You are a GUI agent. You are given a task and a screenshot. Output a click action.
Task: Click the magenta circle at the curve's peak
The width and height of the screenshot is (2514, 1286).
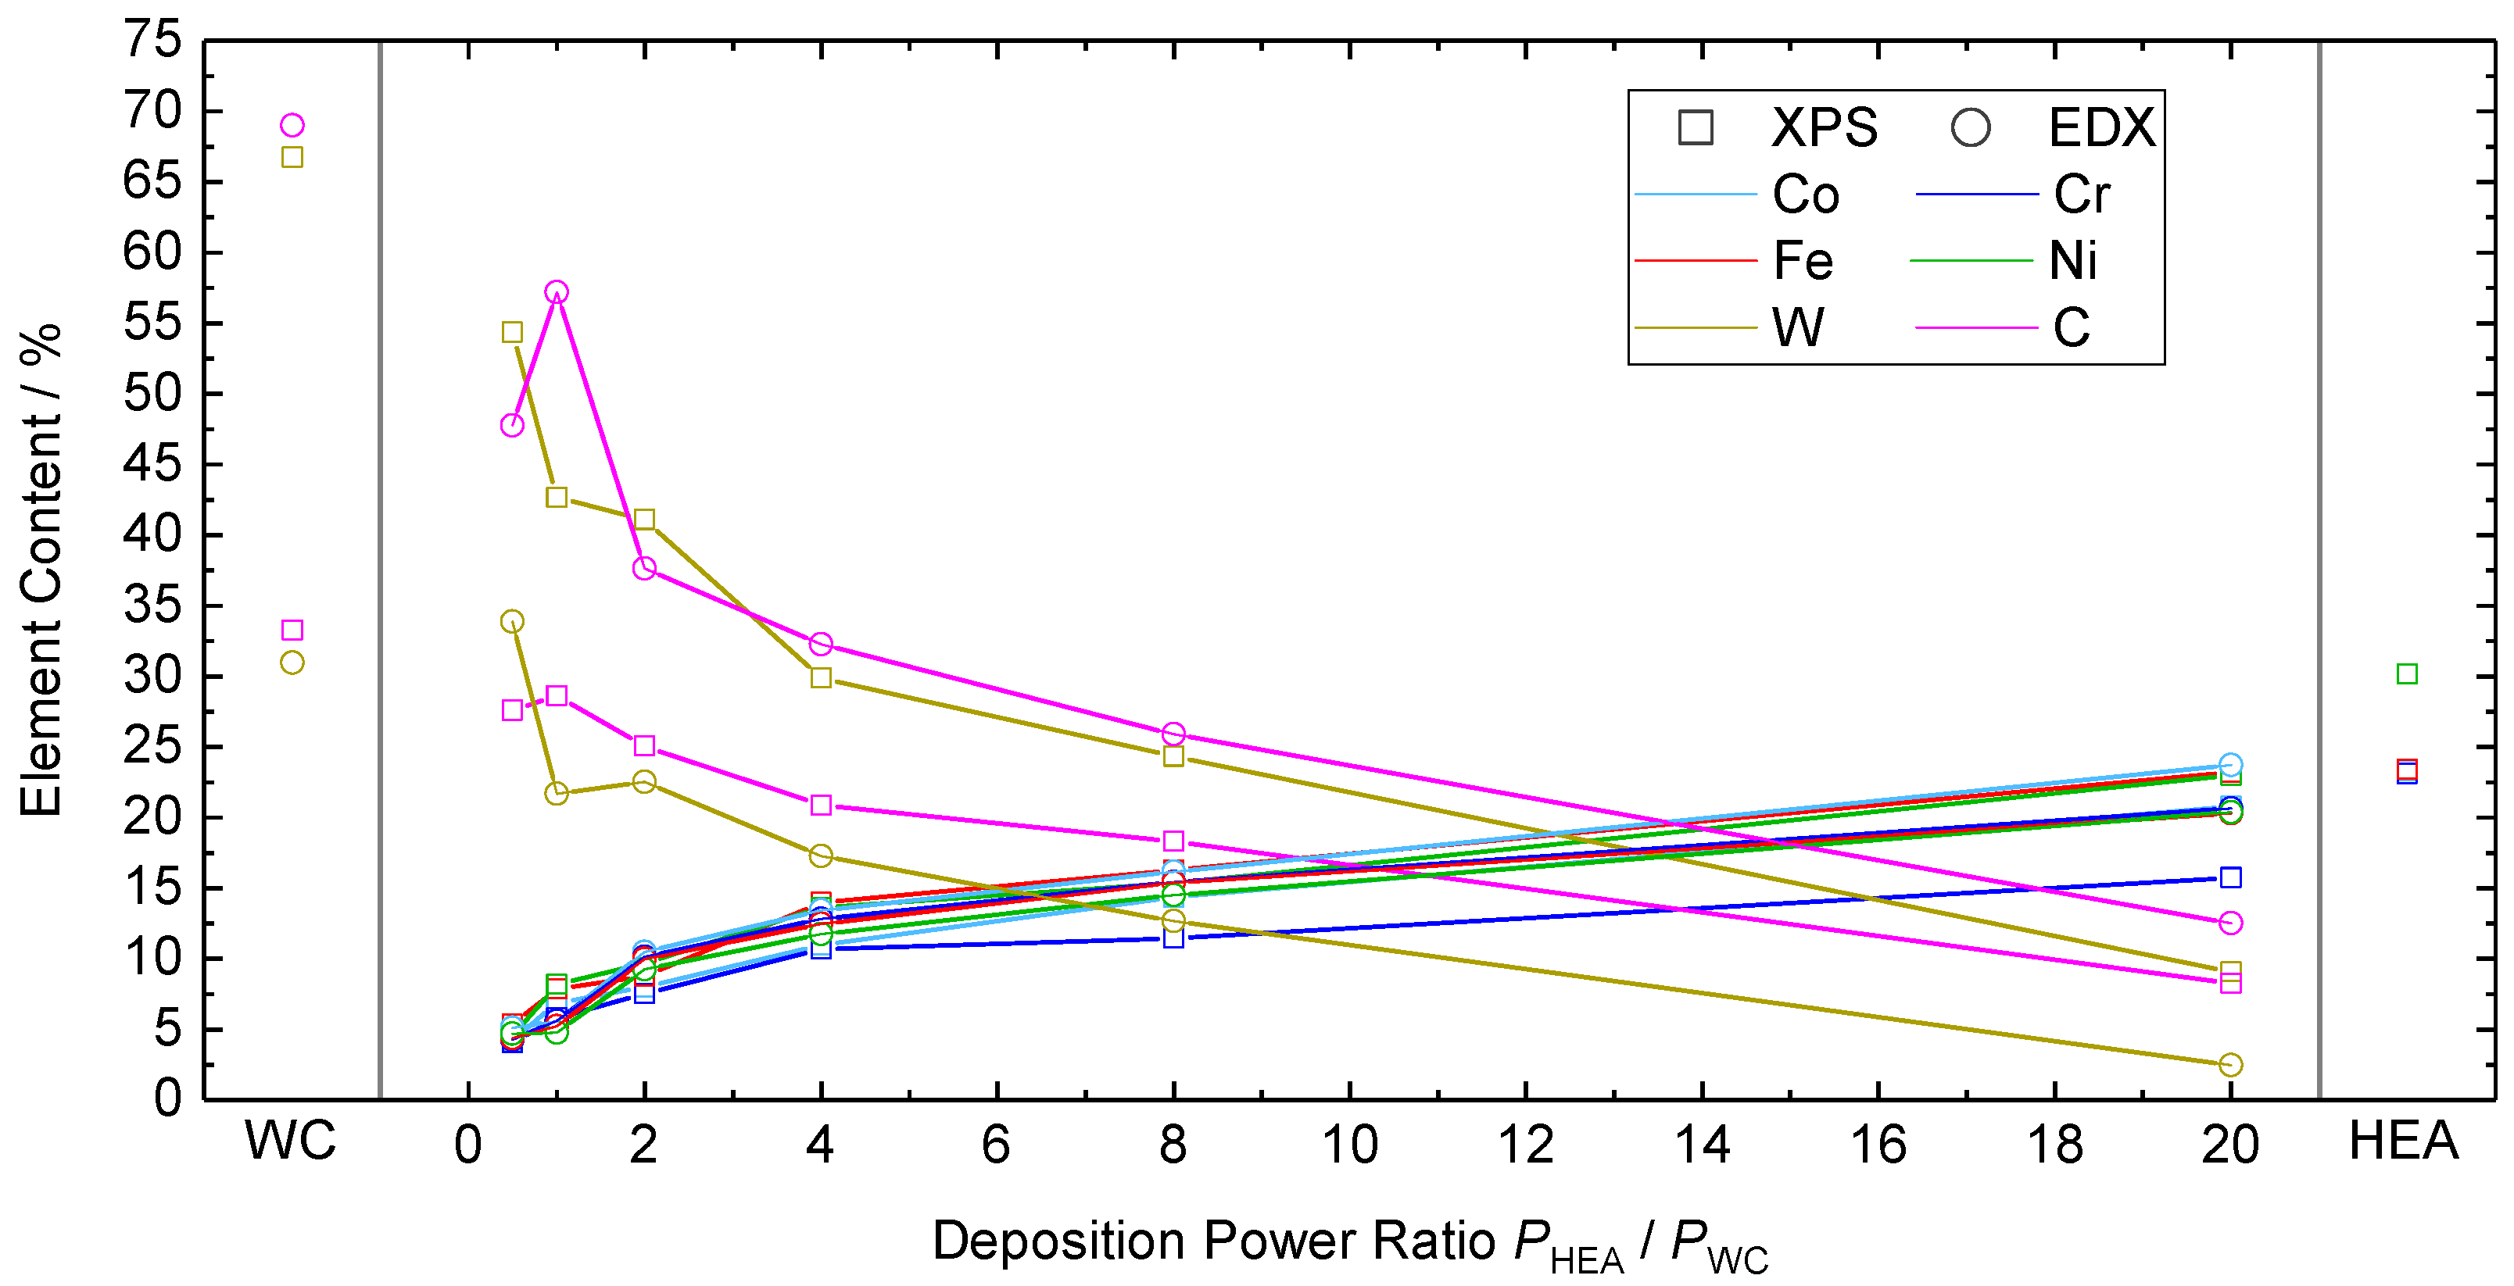[x=557, y=293]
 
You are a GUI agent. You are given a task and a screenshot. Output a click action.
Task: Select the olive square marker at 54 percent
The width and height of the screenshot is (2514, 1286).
[x=512, y=333]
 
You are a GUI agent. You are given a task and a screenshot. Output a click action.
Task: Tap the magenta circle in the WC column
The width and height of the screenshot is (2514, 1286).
[x=292, y=125]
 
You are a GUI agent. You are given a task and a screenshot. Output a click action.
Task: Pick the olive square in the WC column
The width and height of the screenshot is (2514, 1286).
[x=292, y=157]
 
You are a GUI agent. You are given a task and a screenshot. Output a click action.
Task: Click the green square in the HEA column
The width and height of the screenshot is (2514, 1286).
[x=2408, y=674]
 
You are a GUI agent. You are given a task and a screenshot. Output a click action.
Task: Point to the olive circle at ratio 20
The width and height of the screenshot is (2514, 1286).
[x=2230, y=1065]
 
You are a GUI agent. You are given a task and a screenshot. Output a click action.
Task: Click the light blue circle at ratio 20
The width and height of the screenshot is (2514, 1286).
[x=2230, y=764]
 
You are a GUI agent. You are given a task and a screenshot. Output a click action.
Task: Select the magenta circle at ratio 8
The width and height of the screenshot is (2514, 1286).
[x=1173, y=734]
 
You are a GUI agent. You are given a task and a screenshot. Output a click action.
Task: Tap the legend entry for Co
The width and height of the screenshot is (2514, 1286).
[x=1806, y=195]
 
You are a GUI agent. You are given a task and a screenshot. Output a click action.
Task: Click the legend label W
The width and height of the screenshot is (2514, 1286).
[x=1798, y=328]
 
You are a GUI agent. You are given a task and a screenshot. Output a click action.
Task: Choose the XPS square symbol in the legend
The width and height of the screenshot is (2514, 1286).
[x=1696, y=128]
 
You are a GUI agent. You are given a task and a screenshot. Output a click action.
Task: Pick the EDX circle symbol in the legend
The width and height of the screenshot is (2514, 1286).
[x=1971, y=128]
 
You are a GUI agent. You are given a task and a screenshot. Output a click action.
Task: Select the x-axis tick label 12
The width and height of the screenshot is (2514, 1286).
[x=1525, y=1145]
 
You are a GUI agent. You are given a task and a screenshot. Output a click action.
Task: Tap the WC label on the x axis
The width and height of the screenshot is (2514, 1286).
[x=291, y=1140]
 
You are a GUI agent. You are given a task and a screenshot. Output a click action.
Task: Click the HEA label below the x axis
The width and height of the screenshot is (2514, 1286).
[x=2403, y=1140]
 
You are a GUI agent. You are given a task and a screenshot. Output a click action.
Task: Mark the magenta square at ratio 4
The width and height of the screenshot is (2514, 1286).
[x=821, y=805]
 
